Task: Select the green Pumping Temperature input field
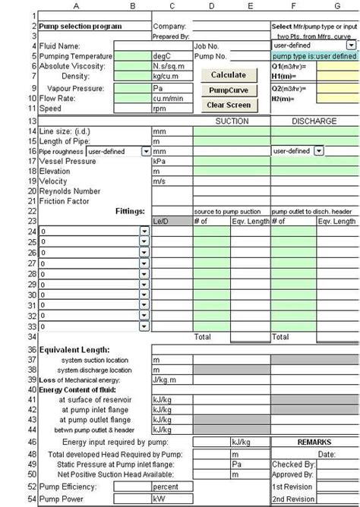(132, 56)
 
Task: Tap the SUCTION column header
(232, 121)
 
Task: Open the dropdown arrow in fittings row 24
(144, 231)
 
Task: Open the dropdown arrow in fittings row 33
(144, 325)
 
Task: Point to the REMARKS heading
(312, 441)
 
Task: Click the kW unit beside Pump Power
(160, 499)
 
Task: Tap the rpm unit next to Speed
(160, 109)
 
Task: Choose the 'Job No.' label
(207, 46)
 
